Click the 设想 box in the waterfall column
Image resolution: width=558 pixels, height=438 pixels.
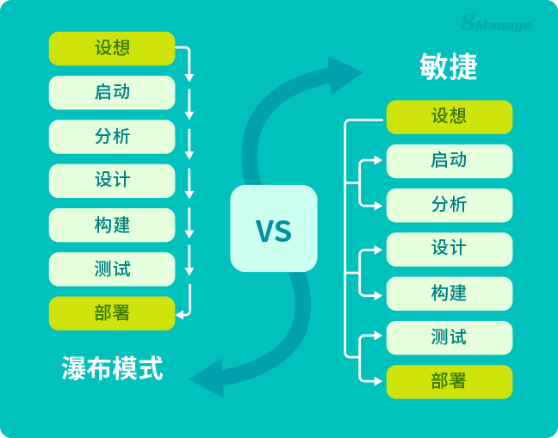(112, 48)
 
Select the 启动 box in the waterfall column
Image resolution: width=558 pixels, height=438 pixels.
(112, 92)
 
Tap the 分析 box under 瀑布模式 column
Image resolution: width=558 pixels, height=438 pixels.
(112, 137)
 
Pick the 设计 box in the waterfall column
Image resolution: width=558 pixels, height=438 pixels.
(112, 181)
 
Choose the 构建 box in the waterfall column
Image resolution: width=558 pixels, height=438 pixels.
(112, 225)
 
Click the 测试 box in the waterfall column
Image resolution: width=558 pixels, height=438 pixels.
(112, 269)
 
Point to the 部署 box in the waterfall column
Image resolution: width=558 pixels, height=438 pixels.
(112, 313)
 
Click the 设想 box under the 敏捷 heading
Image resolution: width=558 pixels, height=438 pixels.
(449, 116)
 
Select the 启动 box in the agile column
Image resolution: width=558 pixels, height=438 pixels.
(449, 161)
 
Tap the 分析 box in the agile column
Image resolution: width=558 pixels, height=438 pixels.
(449, 205)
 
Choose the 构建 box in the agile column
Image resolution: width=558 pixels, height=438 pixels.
(449, 293)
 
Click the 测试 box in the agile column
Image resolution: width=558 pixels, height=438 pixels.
(449, 337)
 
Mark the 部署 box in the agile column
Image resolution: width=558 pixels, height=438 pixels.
(449, 381)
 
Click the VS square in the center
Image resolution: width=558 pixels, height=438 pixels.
(274, 229)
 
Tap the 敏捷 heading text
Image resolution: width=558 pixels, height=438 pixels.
(449, 67)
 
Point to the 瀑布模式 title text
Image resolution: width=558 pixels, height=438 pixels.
(112, 368)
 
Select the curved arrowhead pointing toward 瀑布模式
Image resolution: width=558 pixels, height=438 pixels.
(207, 379)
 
